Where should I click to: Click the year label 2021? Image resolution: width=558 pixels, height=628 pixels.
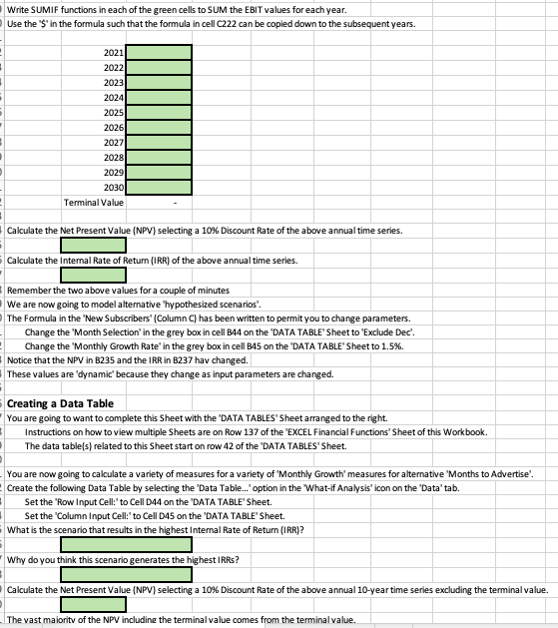pyautogui.click(x=113, y=52)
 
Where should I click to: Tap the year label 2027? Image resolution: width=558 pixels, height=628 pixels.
pyautogui.click(x=113, y=142)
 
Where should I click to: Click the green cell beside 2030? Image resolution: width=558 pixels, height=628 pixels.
pyautogui.click(x=159, y=188)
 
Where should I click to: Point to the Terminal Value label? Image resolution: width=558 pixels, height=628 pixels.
pyautogui.click(x=94, y=202)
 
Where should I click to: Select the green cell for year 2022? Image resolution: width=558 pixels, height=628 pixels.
pyautogui.click(x=159, y=67)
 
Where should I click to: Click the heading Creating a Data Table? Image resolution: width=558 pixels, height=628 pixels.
pyautogui.click(x=60, y=402)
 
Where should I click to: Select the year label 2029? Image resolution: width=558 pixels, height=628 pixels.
pyautogui.click(x=113, y=173)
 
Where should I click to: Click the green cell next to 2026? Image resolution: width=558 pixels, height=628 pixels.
pyautogui.click(x=159, y=128)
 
